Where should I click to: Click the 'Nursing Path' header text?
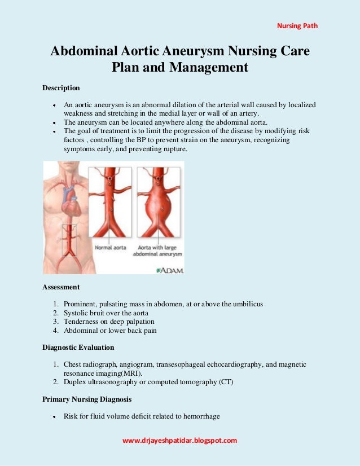pos(297,25)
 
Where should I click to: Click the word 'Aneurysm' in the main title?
pos(194,51)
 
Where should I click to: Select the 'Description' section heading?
pos(62,88)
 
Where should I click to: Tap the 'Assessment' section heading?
pos(61,287)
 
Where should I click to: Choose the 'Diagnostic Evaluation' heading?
pos(78,348)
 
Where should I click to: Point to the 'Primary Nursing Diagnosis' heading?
pos(87,399)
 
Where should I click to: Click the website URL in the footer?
pos(179,440)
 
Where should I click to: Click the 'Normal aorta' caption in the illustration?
pos(111,248)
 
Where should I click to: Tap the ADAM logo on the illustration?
pos(169,270)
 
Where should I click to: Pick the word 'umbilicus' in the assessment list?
pos(247,305)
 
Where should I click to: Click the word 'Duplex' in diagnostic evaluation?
pos(74,382)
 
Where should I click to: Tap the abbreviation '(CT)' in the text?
pos(225,382)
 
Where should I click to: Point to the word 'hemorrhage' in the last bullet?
pos(201,417)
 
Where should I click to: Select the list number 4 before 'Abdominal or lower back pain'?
pos(56,331)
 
